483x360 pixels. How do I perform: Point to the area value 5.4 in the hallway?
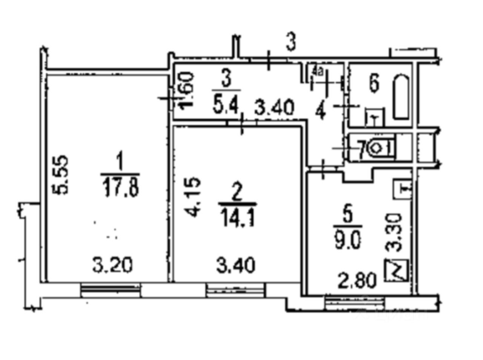(226, 107)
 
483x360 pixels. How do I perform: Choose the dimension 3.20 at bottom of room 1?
(112, 265)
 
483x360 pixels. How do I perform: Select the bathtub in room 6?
(401, 97)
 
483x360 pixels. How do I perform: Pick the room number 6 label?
(374, 83)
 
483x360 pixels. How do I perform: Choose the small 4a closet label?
(316, 71)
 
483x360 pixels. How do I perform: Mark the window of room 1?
(111, 291)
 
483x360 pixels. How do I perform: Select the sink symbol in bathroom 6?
(374, 118)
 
